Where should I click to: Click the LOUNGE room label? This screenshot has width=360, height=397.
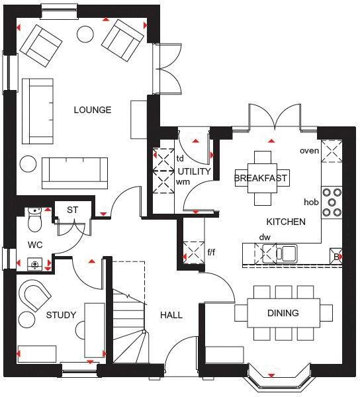click(x=92, y=110)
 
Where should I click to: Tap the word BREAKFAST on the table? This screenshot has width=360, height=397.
click(x=262, y=178)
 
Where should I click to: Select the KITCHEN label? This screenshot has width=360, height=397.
click(x=286, y=222)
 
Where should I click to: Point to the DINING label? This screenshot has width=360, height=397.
click(x=283, y=313)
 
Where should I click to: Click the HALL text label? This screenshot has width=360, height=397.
click(x=171, y=315)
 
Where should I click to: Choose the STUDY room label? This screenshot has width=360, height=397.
click(x=61, y=315)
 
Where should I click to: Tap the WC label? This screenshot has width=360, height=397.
click(x=35, y=245)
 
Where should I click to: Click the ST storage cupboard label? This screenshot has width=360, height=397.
click(x=72, y=210)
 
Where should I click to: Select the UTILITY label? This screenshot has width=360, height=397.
click(x=194, y=171)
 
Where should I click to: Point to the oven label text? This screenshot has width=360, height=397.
click(x=309, y=151)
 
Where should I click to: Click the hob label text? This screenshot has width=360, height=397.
click(x=311, y=202)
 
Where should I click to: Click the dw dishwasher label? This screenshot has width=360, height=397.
click(x=265, y=237)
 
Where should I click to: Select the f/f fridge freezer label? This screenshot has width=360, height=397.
click(x=212, y=251)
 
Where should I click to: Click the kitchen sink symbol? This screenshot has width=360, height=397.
click(x=288, y=251)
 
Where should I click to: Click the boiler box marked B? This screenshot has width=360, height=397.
click(x=336, y=255)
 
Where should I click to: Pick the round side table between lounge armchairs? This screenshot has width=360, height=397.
click(x=86, y=33)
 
